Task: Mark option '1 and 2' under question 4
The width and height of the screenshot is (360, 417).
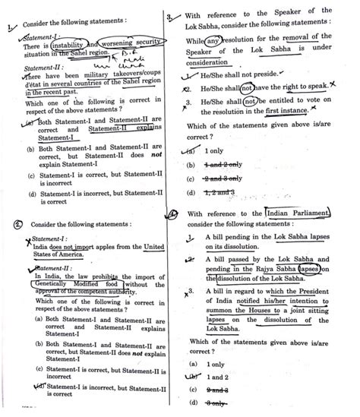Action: [217, 378]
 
